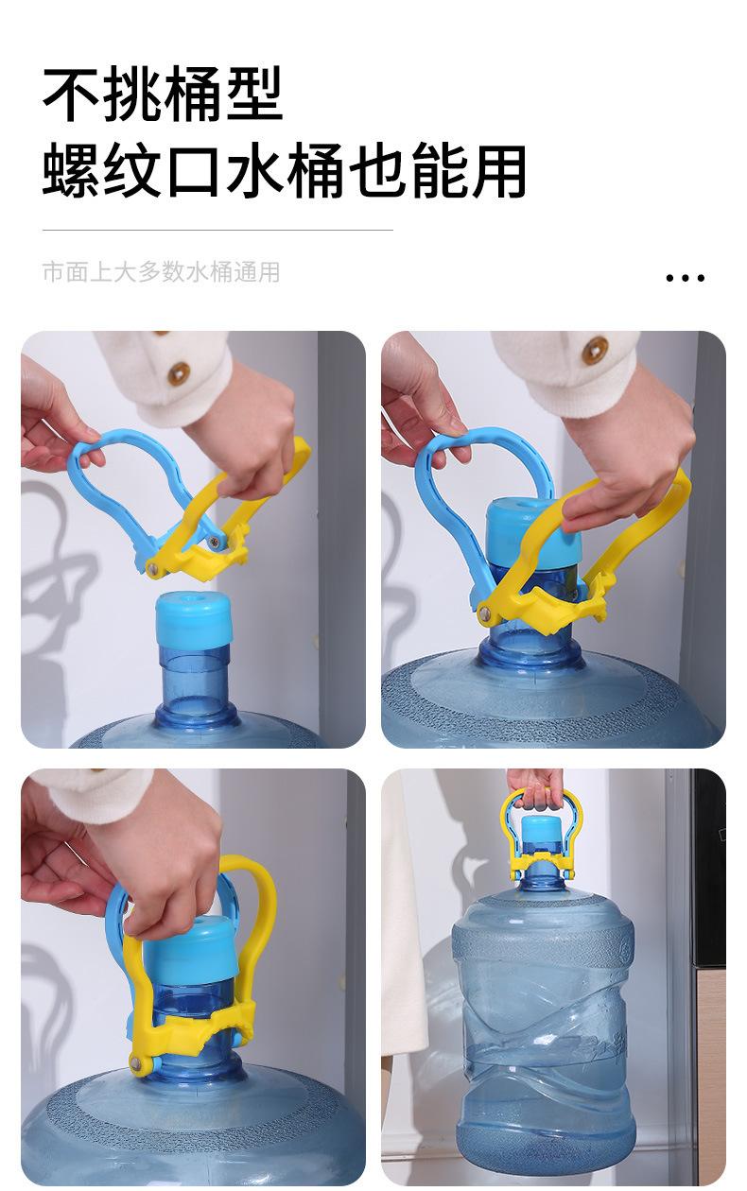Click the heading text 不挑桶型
click(x=163, y=95)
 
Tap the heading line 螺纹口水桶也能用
click(x=285, y=170)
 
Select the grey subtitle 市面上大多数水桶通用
click(x=161, y=271)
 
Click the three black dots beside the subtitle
click(x=686, y=278)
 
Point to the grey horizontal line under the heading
click(x=217, y=231)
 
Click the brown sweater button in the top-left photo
click(x=179, y=373)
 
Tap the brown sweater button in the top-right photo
click(x=595, y=350)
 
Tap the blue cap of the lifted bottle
click(x=541, y=836)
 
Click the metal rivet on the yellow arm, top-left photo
click(x=153, y=569)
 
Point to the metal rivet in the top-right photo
click(x=485, y=615)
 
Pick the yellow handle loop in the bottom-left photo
click(x=266, y=904)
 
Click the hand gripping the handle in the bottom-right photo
click(x=534, y=785)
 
